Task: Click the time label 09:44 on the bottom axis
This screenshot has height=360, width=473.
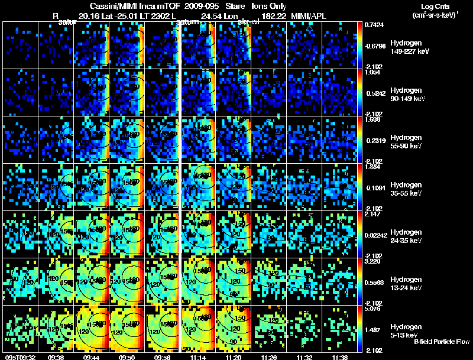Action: click(x=92, y=356)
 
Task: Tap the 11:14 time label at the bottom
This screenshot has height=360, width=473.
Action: click(x=199, y=356)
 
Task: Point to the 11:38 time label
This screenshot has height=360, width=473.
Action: click(x=340, y=356)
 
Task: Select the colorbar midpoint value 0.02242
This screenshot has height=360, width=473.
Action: click(x=375, y=236)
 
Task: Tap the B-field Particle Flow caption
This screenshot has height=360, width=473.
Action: click(x=442, y=342)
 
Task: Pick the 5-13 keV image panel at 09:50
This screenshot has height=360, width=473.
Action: click(x=127, y=329)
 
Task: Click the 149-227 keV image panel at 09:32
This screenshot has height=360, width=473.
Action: click(x=20, y=46)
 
